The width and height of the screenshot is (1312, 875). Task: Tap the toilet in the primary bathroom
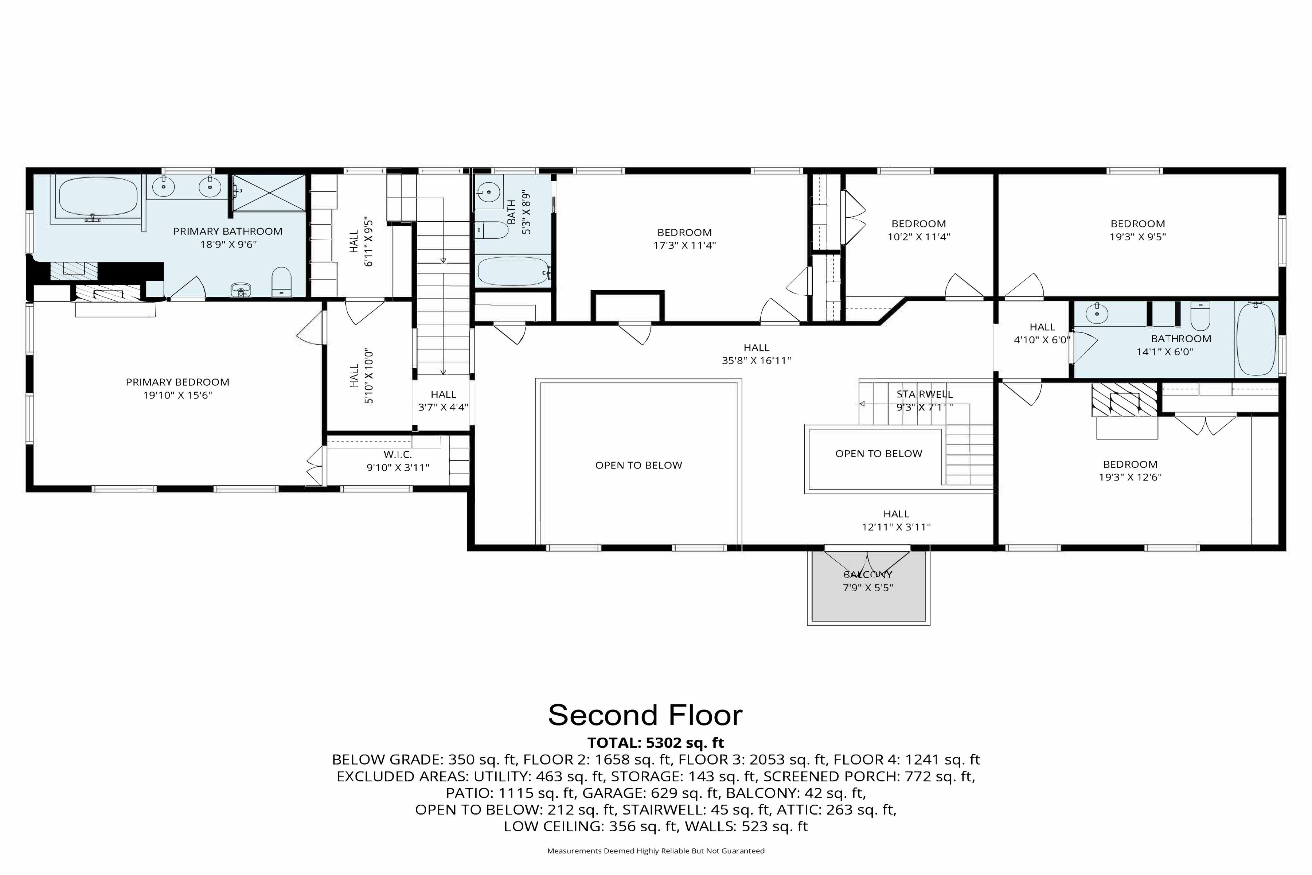click(282, 282)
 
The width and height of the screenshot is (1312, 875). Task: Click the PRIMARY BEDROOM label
click(177, 382)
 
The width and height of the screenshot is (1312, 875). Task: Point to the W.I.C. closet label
click(398, 455)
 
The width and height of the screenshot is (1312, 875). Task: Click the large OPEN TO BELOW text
click(639, 466)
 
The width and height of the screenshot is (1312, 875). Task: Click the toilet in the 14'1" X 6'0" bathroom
click(1200, 317)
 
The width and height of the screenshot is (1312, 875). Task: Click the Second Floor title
click(645, 715)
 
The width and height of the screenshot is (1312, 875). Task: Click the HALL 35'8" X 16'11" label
click(757, 354)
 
